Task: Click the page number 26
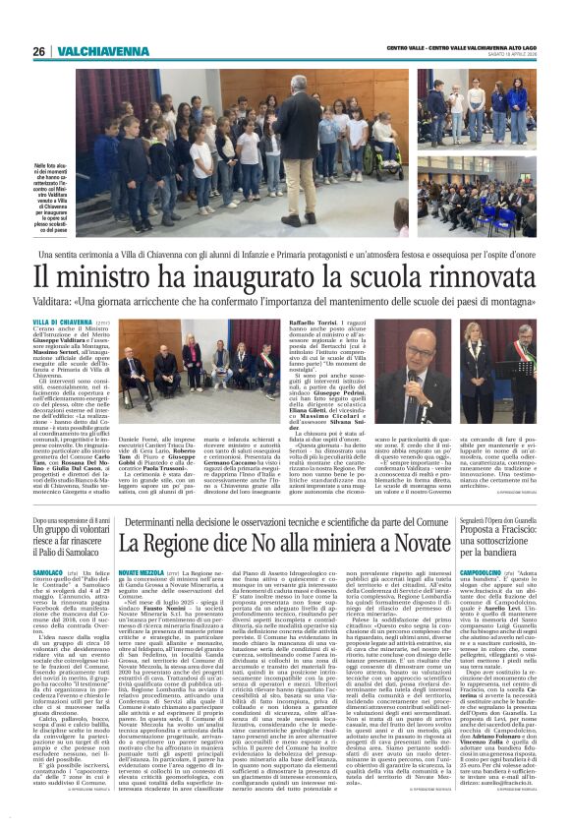(40, 51)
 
